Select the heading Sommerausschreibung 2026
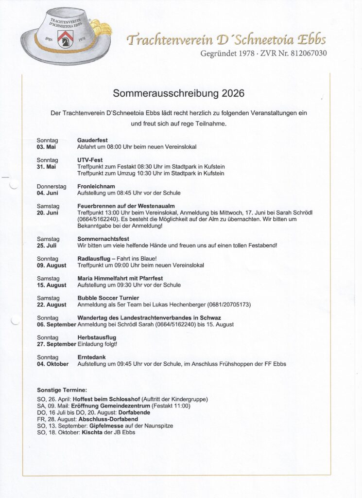pyautogui.click(x=179, y=93)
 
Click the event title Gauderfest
pyautogui.click(x=92, y=140)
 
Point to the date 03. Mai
pyautogui.click(x=47, y=146)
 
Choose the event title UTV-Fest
pyautogui.click(x=90, y=160)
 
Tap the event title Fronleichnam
pyautogui.click(x=96, y=186)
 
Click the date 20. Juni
pyautogui.click(x=48, y=213)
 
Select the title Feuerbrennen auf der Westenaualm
pyautogui.click(x=126, y=206)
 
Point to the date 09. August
pyautogui.click(x=52, y=266)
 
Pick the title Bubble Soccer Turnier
pyautogui.click(x=108, y=298)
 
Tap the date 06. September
pyautogui.click(x=56, y=324)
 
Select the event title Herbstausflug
pyautogui.click(x=97, y=338)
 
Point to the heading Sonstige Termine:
pyautogui.click(x=62, y=390)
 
